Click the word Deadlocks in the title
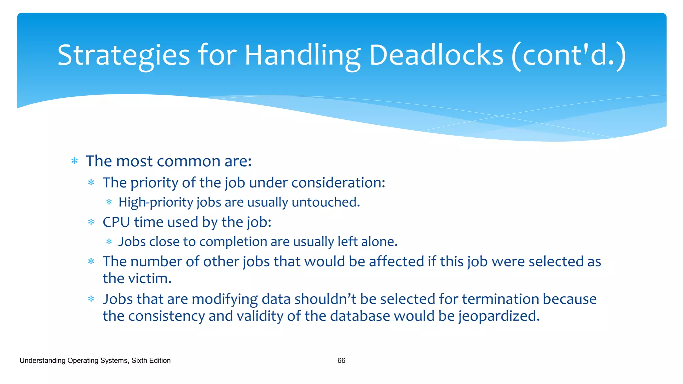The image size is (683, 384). coord(436,55)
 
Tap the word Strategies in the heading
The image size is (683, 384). coord(123,55)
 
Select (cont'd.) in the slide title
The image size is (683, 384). coord(569,55)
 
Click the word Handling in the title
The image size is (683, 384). coord(302,55)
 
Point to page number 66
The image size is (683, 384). coord(341,360)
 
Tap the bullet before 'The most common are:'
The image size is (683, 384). coord(75,162)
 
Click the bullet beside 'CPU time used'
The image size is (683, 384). coord(91,222)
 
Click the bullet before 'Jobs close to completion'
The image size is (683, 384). coord(109,242)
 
